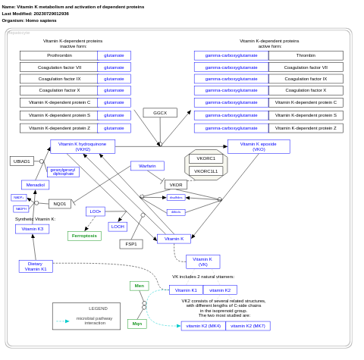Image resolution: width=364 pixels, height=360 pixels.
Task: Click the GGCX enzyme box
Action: pyautogui.click(x=160, y=113)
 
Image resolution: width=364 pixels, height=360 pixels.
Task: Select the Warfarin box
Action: pyautogui.click(x=147, y=166)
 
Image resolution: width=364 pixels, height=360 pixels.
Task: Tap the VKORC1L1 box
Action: pyautogui.click(x=206, y=171)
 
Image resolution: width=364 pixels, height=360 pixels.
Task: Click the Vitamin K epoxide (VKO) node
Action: pyautogui.click(x=259, y=146)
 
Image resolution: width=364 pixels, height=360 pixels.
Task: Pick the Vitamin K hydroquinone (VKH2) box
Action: pyautogui.click(x=83, y=146)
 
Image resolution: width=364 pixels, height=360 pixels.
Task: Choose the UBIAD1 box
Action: pyautogui.click(x=22, y=161)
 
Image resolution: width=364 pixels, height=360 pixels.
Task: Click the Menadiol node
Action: pyautogui.click(x=35, y=185)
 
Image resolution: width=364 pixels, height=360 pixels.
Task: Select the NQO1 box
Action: pyautogui.click(x=60, y=204)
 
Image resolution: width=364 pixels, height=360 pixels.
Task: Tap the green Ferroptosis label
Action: pyautogui.click(x=84, y=236)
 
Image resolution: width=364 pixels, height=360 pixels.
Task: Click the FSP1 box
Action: pyautogui.click(x=131, y=244)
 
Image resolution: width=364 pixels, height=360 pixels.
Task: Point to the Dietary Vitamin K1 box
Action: pyautogui.click(x=36, y=266)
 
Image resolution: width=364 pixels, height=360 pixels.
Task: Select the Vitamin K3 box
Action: pyautogui.click(x=32, y=229)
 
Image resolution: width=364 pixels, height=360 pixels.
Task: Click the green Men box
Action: pyautogui.click(x=139, y=286)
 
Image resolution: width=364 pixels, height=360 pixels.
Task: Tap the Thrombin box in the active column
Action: pyautogui.click(x=306, y=55)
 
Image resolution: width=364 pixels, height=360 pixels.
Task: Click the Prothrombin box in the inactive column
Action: pyautogui.click(x=59, y=55)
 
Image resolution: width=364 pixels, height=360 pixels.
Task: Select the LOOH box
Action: pyautogui.click(x=118, y=227)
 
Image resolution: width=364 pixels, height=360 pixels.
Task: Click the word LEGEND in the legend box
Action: pyautogui.click(x=98, y=308)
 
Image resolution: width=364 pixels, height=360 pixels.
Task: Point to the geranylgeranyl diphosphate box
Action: pyautogui.click(x=64, y=172)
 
